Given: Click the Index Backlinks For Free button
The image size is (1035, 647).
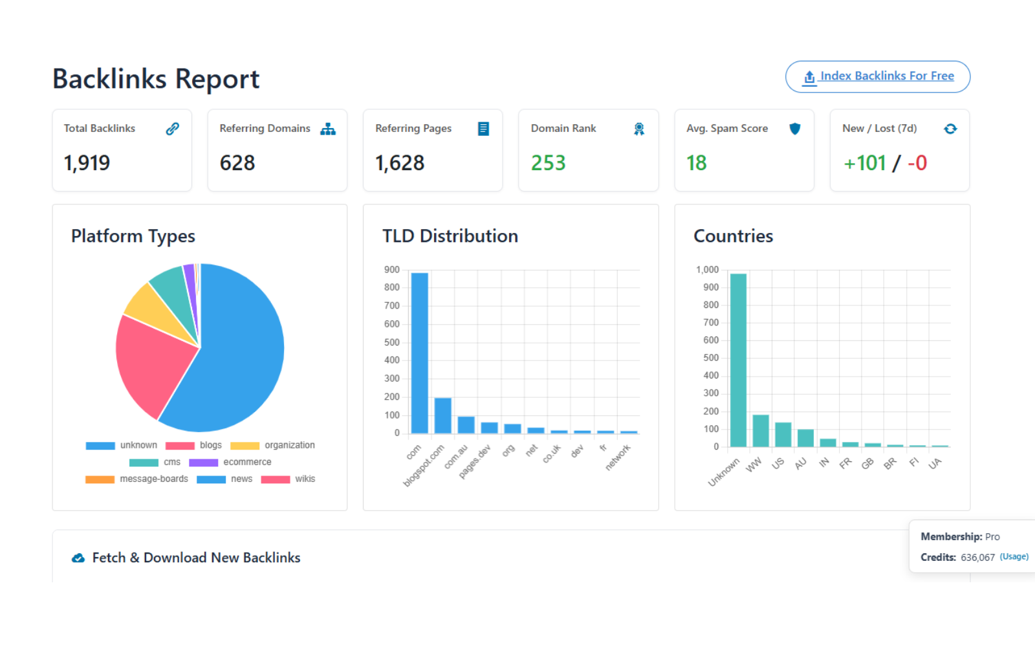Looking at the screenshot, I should click(x=878, y=76).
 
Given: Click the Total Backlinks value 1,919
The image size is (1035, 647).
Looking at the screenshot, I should click(x=87, y=163).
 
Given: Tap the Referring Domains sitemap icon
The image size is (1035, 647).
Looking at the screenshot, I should click(x=328, y=129).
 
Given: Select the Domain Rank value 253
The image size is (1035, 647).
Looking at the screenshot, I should click(x=548, y=163).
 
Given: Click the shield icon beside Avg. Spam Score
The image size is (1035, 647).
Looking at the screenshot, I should click(x=795, y=129).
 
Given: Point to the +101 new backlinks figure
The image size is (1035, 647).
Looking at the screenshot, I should click(x=865, y=163).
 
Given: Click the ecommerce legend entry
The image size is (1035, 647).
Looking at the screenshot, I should click(x=230, y=462).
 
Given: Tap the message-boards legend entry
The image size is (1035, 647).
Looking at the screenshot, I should click(x=136, y=479).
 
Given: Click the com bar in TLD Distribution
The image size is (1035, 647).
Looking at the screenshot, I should click(x=419, y=353).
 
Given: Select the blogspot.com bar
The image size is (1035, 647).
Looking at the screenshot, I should click(x=442, y=415).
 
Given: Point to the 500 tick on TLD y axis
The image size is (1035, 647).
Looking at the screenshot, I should click(x=392, y=342).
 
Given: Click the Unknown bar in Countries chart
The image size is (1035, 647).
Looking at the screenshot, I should click(x=738, y=360).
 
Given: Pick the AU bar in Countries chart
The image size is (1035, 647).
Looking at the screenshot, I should click(x=805, y=438).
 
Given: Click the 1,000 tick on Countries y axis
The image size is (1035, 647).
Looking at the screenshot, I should click(x=707, y=270).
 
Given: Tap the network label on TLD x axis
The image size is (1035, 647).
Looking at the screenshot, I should click(x=618, y=457).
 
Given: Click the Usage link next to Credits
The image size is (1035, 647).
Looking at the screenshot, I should click(x=1014, y=556).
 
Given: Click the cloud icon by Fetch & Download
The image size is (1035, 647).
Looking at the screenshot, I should click(x=78, y=558).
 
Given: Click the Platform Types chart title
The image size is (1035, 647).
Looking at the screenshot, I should click(x=133, y=236).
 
